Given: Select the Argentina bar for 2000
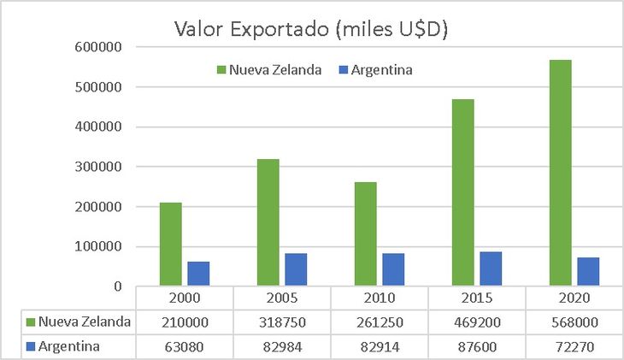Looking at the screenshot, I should pos(198,274).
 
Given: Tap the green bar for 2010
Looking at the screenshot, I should pos(365,233).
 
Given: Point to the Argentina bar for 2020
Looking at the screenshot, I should pos(587,271).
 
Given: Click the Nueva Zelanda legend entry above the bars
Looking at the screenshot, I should pos(268,70).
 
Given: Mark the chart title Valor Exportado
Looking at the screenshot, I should pos(311,29).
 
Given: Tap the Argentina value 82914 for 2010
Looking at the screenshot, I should pos(379,347).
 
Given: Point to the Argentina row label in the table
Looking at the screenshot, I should pos(68,347).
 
